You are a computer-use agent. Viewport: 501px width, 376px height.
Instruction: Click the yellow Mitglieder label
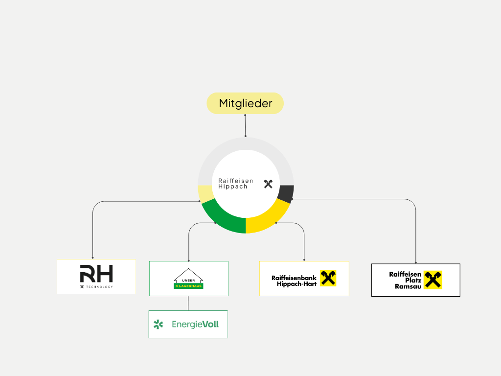pos(245,103)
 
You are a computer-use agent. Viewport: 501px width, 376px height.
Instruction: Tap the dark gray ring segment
pos(286,193)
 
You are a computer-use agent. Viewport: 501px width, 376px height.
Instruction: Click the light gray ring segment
pos(246,144)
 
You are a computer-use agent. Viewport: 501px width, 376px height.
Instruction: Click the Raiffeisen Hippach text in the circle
pos(235,184)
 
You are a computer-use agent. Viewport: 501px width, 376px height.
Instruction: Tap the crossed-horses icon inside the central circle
pos(268,184)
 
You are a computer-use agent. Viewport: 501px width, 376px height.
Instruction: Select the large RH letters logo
pos(96,273)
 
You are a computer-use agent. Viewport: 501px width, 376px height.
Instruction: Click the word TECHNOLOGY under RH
pos(99,286)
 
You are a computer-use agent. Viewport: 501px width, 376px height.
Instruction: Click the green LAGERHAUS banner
pos(188,285)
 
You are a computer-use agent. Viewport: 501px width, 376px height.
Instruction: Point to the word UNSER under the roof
pos(188,280)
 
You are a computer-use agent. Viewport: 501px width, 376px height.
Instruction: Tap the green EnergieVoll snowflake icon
pos(158,324)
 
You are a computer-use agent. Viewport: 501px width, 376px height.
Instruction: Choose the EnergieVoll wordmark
pos(195,324)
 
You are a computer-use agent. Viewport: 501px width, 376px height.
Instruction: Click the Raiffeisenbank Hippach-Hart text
pos(294,281)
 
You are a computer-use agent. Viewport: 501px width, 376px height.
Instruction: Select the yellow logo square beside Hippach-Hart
pos(328,278)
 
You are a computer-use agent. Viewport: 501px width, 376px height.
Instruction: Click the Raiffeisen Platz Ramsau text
pos(405,280)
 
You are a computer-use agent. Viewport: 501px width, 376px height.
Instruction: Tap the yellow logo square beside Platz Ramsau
pos(433,280)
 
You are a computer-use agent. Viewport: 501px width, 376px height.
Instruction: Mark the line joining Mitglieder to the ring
pos(245,126)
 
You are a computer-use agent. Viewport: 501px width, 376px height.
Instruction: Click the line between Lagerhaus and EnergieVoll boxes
pos(188,303)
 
